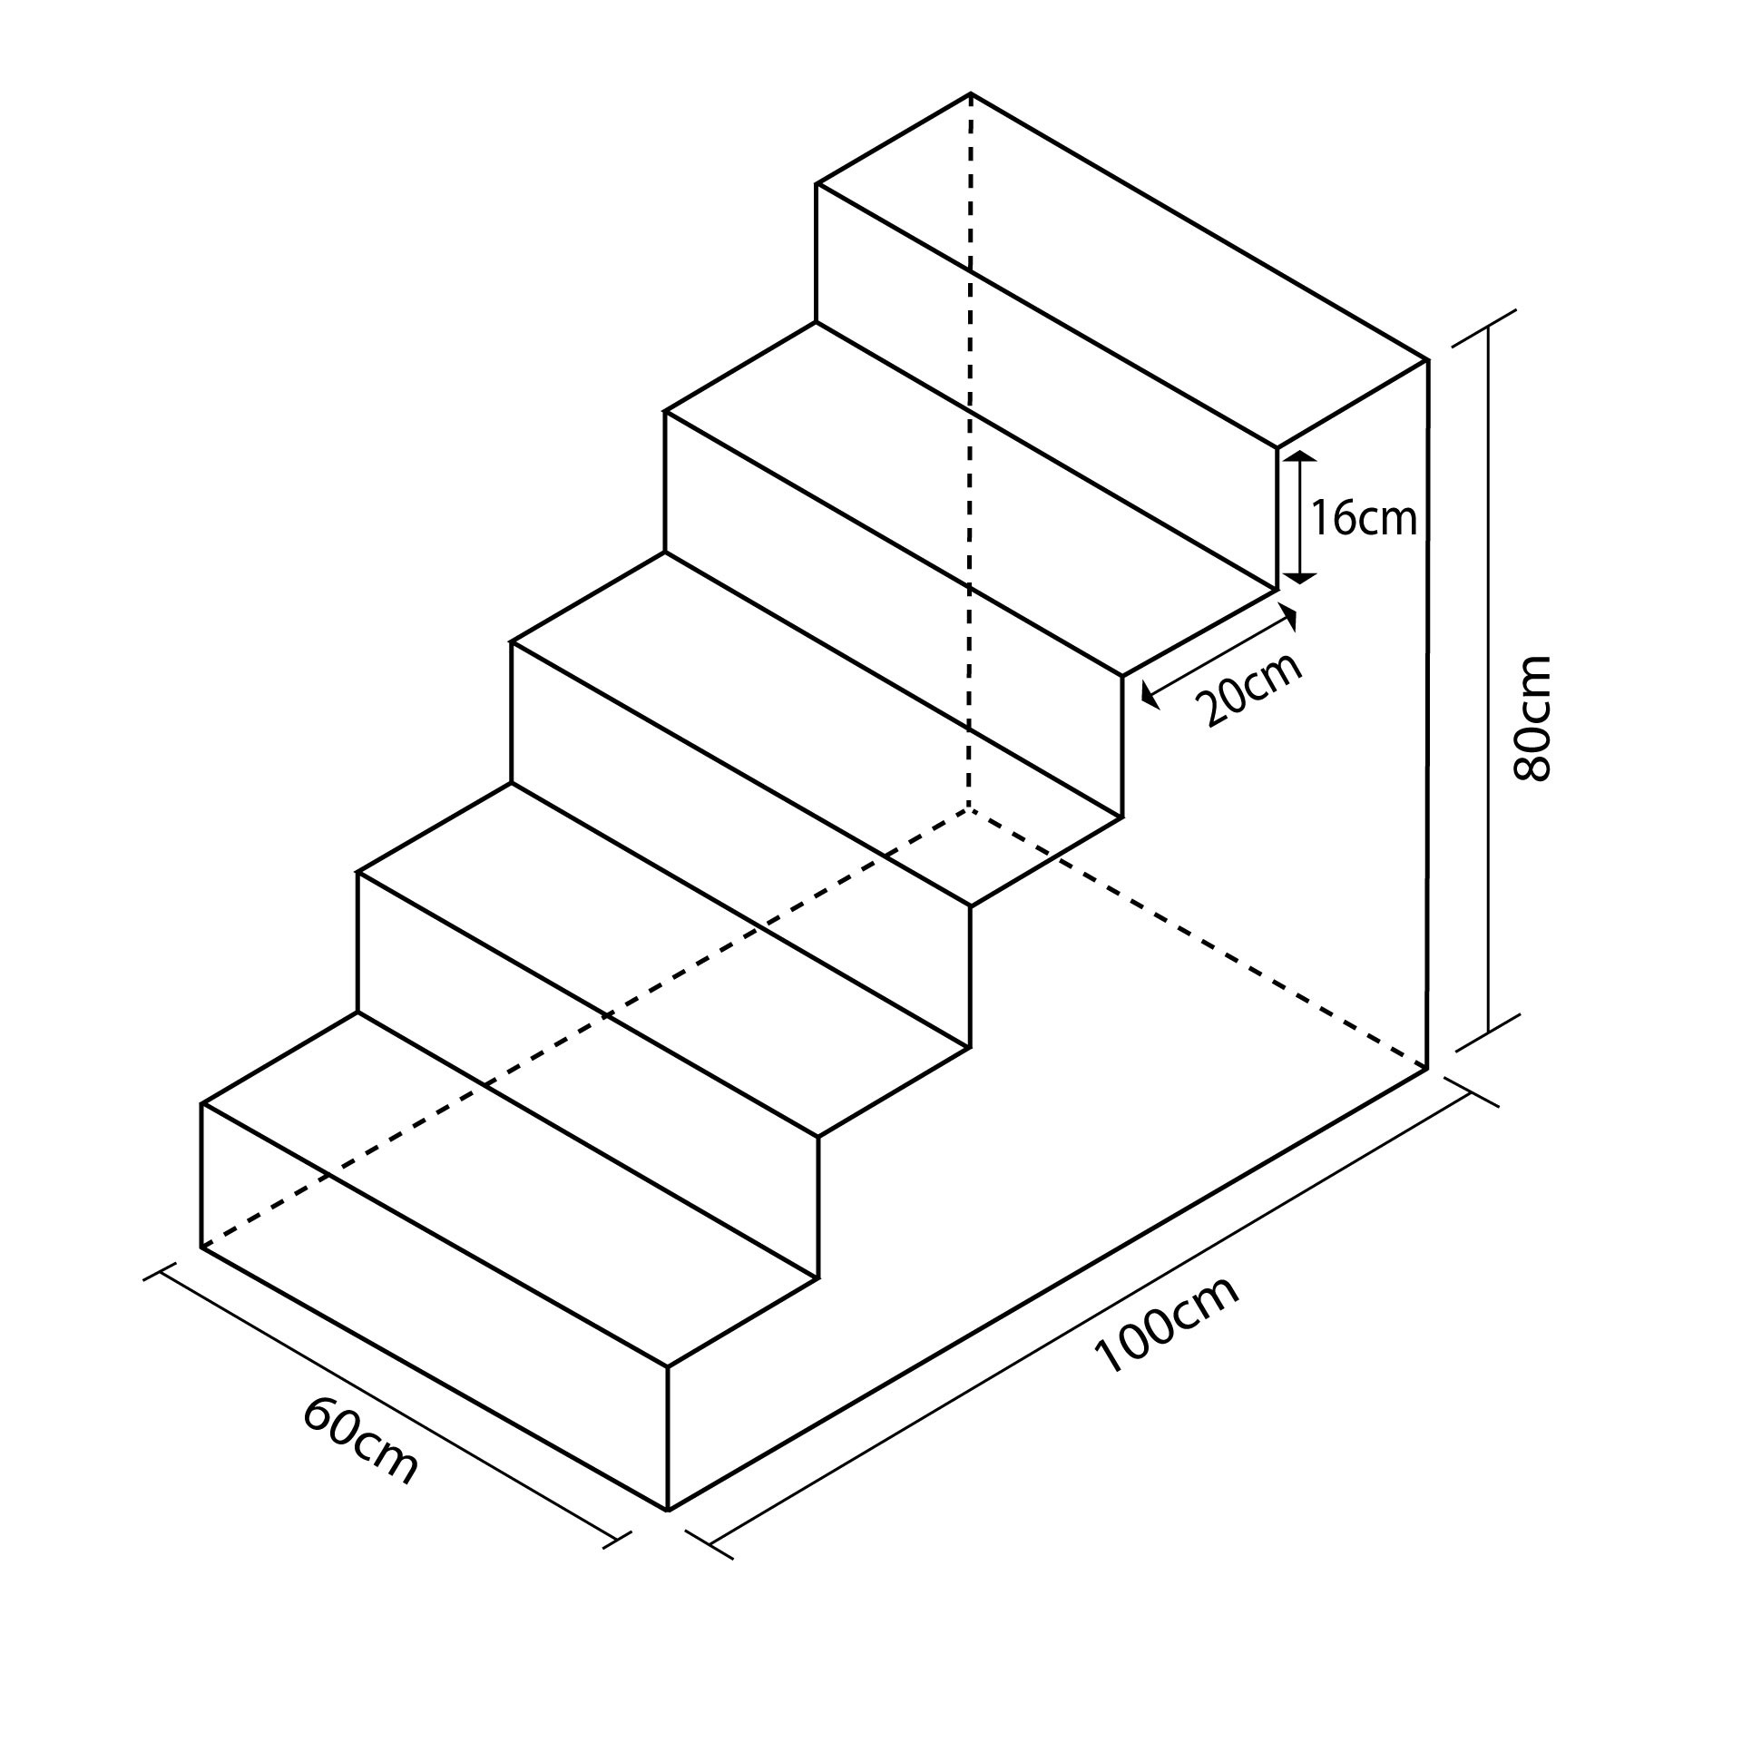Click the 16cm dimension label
(1364, 519)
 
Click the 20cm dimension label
(1249, 691)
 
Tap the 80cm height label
(1533, 718)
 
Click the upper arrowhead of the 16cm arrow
(1301, 455)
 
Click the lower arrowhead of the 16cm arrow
(1301, 578)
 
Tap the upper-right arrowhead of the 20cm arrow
(1291, 619)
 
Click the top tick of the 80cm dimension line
(1485, 328)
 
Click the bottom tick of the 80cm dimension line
(1488, 1032)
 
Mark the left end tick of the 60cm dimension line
(160, 1272)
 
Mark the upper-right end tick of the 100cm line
(1471, 1093)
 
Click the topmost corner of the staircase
(971, 93)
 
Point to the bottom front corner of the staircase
(668, 1511)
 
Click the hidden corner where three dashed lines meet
(970, 807)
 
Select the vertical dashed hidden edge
(971, 454)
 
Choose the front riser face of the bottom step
(435, 1306)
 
